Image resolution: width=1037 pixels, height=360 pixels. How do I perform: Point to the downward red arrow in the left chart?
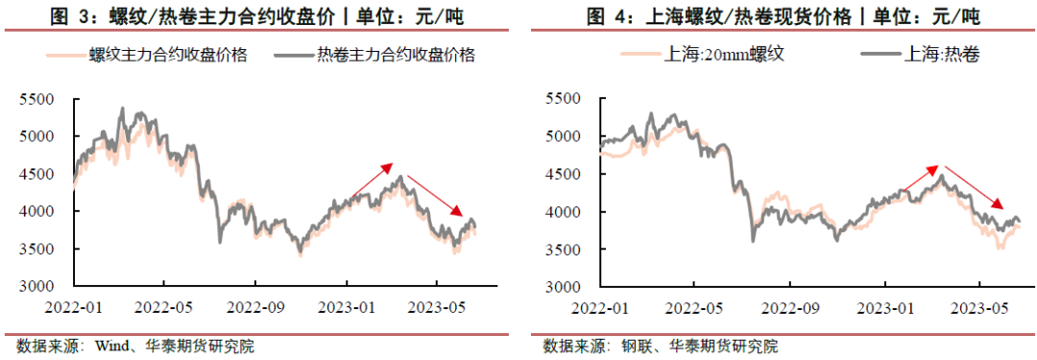pos(436,196)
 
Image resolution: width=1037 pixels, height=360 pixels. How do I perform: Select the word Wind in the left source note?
pos(110,346)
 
